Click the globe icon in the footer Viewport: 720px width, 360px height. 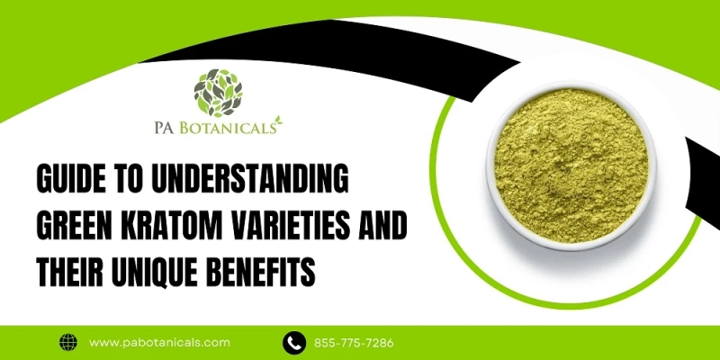tap(68, 342)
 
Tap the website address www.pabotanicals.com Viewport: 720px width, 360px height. tap(160, 342)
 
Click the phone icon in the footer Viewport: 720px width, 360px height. tap(292, 342)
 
